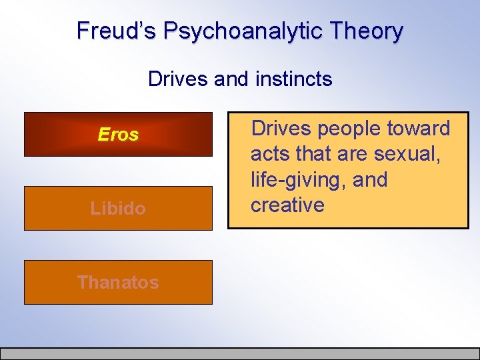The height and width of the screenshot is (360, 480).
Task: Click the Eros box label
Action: [x=118, y=135]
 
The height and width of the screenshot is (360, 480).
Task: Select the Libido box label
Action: [x=118, y=209]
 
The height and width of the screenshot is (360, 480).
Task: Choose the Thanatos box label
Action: [x=118, y=282]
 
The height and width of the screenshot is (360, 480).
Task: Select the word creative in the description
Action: [x=287, y=205]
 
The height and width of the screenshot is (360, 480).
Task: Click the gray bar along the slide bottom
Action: [x=240, y=354]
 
